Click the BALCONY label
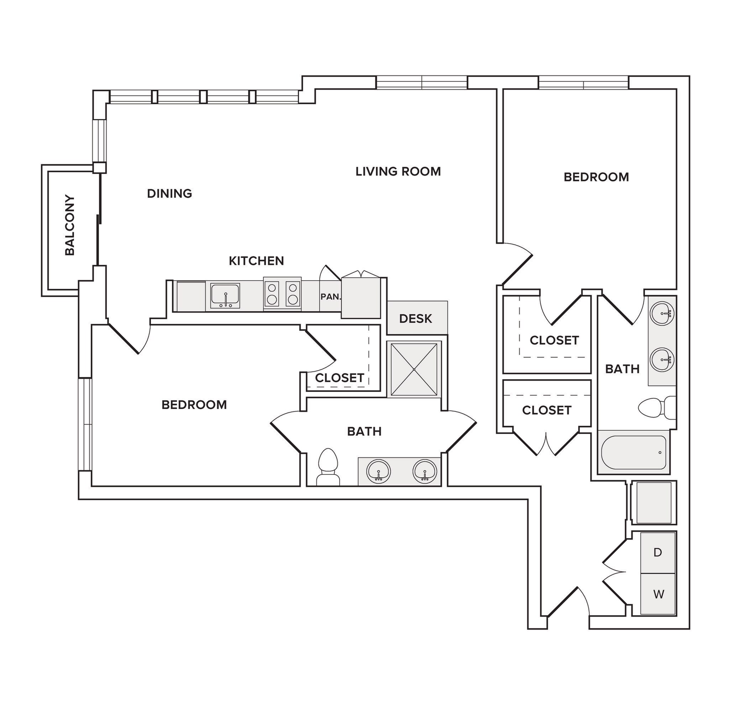click(x=69, y=225)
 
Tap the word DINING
click(x=169, y=193)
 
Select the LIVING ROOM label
click(x=398, y=171)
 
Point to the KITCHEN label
click(x=256, y=261)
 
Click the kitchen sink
click(x=225, y=295)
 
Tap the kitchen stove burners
click(x=282, y=293)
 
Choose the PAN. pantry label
click(x=330, y=297)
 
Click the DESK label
click(x=415, y=319)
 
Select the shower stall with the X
click(x=414, y=369)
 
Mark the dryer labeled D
click(x=657, y=553)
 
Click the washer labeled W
click(x=658, y=594)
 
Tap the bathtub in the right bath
click(x=633, y=452)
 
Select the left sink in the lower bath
click(x=378, y=471)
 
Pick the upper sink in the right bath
click(x=662, y=313)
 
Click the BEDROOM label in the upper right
click(x=596, y=177)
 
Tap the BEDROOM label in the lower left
click(x=194, y=405)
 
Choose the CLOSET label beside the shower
click(x=339, y=378)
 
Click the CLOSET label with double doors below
click(x=546, y=410)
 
